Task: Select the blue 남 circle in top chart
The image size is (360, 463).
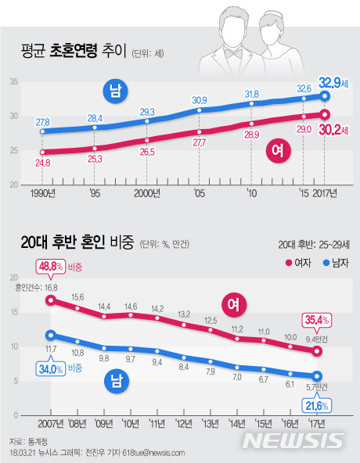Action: (x=115, y=92)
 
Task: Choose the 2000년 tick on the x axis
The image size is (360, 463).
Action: (x=147, y=193)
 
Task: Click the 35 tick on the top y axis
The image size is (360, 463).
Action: (x=13, y=82)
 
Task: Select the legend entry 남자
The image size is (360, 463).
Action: (x=331, y=263)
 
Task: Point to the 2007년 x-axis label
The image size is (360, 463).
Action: (x=50, y=422)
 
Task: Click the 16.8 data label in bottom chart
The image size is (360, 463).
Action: (x=51, y=288)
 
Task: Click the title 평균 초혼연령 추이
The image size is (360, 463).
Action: (x=74, y=52)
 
